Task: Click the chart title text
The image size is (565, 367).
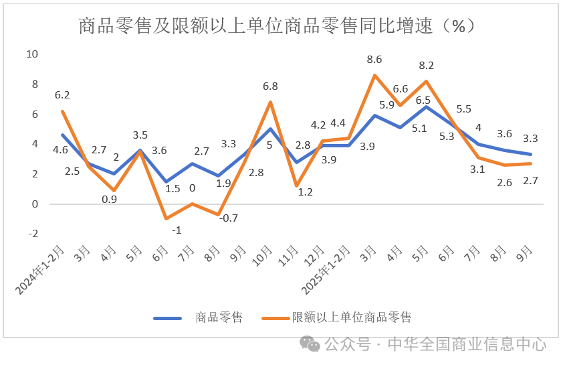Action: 277,26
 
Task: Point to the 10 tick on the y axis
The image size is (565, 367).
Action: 31,54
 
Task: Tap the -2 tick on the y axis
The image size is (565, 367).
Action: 32,234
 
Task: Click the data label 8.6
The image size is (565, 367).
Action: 374,60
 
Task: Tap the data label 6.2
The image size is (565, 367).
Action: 62,95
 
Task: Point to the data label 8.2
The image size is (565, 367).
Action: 426,66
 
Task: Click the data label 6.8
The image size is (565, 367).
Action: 270,86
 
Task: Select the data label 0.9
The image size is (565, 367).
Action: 110,199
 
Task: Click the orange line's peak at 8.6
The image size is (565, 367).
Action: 374,75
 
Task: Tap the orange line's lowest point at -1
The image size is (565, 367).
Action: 166,218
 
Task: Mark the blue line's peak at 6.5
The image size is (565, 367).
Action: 426,106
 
